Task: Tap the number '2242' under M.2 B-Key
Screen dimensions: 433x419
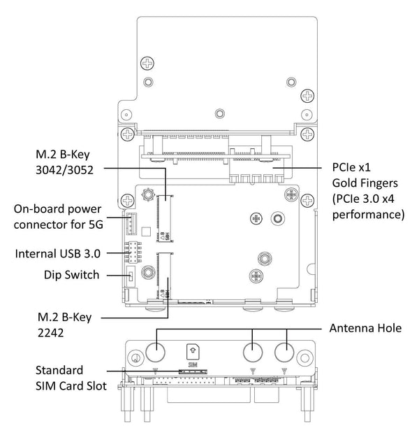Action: (x=50, y=334)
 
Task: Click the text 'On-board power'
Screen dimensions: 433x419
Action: (x=58, y=208)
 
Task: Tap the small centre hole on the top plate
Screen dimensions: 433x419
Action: (x=220, y=112)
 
